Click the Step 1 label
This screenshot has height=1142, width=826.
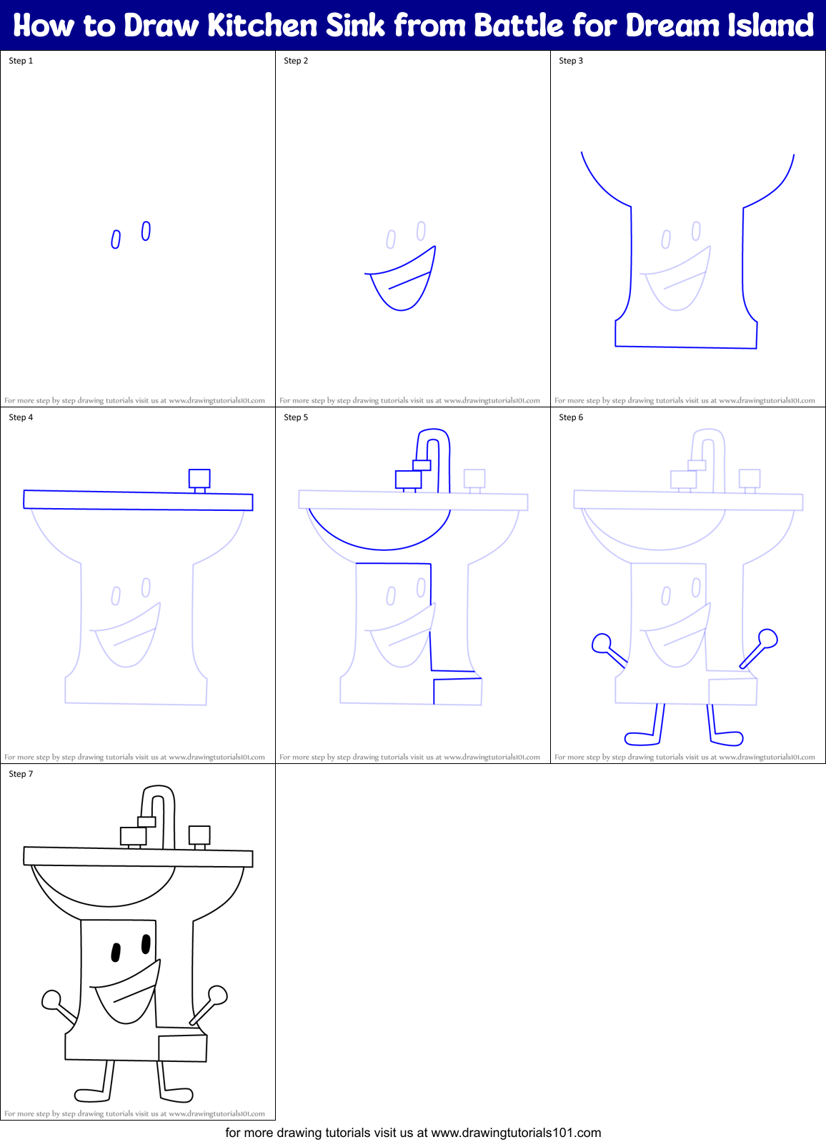(x=21, y=61)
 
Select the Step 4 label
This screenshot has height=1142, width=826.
(x=21, y=417)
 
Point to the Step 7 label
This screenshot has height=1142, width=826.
(x=21, y=774)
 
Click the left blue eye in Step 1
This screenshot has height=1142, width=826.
(x=116, y=239)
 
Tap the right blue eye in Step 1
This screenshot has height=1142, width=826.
(x=146, y=231)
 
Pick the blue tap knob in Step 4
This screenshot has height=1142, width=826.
(x=199, y=478)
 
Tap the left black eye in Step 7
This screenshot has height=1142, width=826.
(x=116, y=953)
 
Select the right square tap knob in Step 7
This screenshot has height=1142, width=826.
(x=199, y=835)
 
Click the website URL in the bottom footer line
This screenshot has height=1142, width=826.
(x=516, y=1133)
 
